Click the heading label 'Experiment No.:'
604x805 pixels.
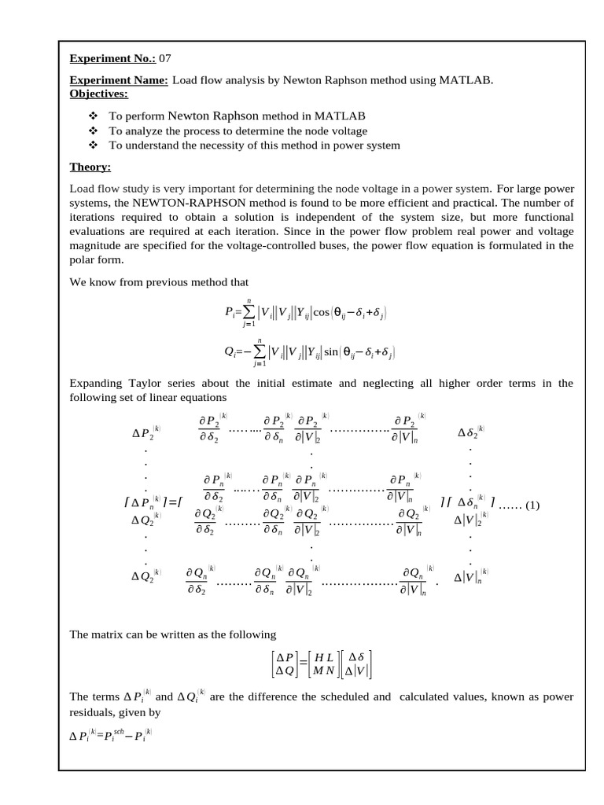coord(112,58)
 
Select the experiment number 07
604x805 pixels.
coord(165,58)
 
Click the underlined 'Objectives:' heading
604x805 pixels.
coord(99,94)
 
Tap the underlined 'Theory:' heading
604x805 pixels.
coord(90,167)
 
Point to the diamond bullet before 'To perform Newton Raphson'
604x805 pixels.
coord(92,116)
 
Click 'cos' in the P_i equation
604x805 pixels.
coord(322,313)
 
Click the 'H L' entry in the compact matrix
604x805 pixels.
coord(324,657)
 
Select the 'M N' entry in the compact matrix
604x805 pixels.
coord(324,671)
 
